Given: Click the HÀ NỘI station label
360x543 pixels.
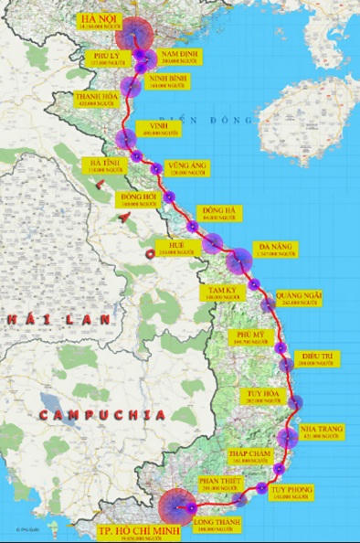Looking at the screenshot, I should tap(98, 22).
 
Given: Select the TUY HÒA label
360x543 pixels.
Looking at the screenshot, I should tap(260, 397).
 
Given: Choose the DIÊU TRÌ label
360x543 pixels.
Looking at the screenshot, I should tap(320, 359).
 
